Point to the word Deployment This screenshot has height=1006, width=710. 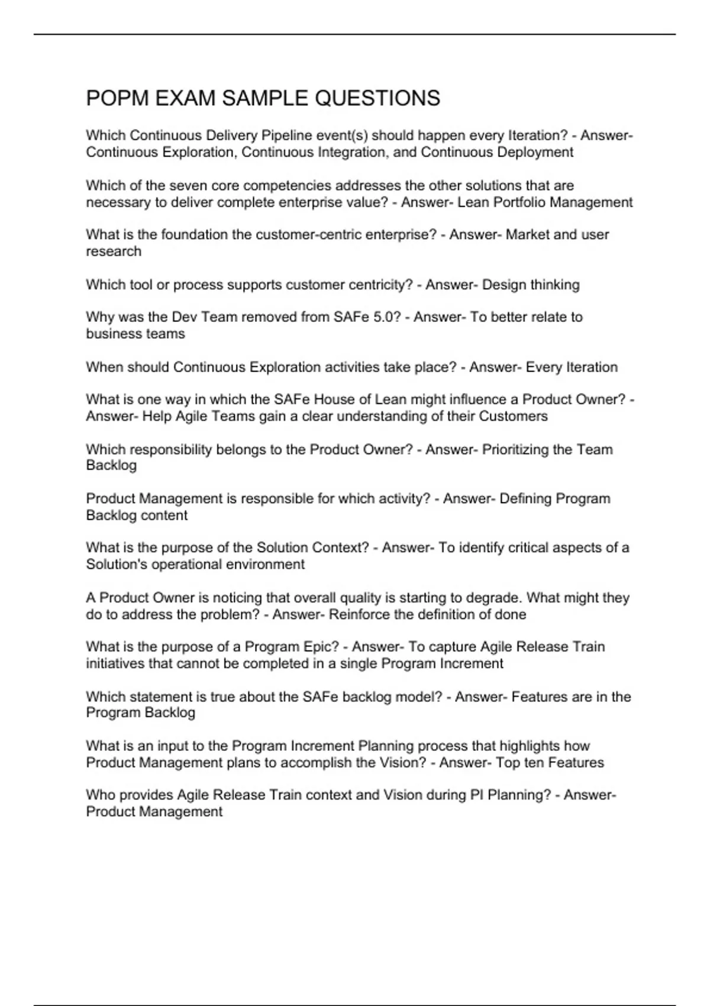pyautogui.click(x=535, y=152)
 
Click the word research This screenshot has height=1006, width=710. pyautogui.click(x=114, y=251)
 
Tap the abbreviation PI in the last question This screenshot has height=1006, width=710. pyautogui.click(x=477, y=795)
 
